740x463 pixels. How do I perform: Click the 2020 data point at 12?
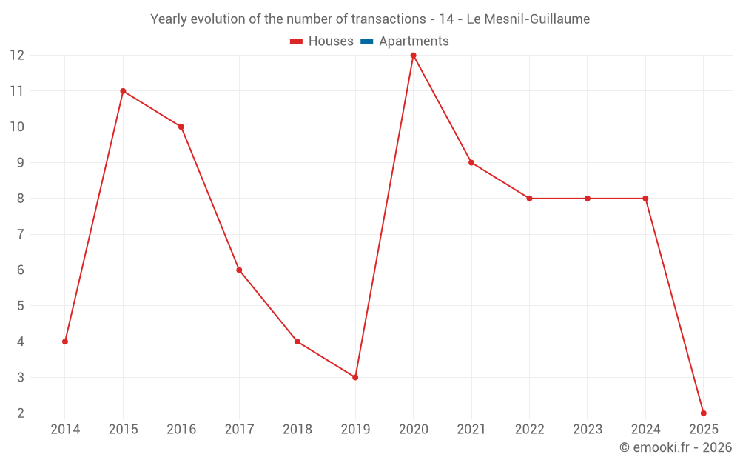point(413,55)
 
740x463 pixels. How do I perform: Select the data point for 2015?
point(123,91)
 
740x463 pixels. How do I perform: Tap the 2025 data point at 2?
point(703,413)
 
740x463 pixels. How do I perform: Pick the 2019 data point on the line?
point(355,377)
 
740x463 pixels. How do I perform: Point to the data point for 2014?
point(65,342)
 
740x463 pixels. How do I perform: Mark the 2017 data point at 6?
point(239,270)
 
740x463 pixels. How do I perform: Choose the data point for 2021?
point(471,162)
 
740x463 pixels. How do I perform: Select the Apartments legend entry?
point(414,41)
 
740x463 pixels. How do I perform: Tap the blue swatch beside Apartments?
point(366,41)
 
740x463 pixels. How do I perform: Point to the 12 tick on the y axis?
point(17,55)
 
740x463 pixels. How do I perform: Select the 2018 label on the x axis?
point(297,430)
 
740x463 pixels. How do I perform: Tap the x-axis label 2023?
point(588,430)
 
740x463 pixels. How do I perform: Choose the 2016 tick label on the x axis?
point(181,430)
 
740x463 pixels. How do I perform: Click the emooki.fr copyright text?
point(676,447)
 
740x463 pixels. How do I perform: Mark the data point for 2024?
point(645,198)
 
